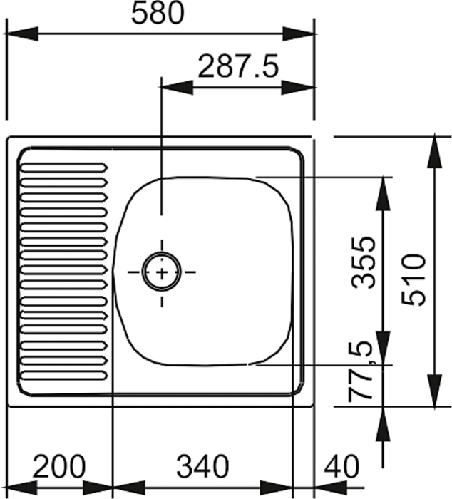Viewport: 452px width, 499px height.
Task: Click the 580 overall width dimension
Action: tap(158, 13)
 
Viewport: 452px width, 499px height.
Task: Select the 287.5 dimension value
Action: tap(238, 66)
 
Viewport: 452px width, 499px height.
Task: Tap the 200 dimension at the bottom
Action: tap(59, 466)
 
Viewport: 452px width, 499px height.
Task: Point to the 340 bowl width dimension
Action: tap(202, 466)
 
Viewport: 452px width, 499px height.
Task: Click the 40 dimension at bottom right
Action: tap(341, 466)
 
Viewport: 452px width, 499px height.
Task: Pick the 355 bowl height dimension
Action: tap(363, 262)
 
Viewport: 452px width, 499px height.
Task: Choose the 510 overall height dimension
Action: tap(414, 279)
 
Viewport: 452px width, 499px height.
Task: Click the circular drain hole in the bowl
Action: tap(161, 272)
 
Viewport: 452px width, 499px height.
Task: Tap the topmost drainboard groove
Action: tap(64, 168)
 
